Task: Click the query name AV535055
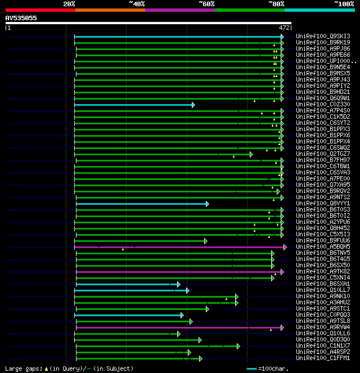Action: [x=21, y=18]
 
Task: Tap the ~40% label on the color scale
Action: [x=137, y=4]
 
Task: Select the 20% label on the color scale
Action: [x=69, y=4]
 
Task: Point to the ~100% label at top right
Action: [x=344, y=4]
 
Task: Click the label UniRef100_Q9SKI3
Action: [x=323, y=37]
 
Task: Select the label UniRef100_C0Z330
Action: [x=323, y=105]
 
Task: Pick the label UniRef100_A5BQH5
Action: [x=323, y=247]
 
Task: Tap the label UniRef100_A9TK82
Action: [x=323, y=272]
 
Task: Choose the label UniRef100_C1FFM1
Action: [x=323, y=358]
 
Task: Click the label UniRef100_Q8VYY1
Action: [x=323, y=204]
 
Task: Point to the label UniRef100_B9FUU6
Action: [x=323, y=241]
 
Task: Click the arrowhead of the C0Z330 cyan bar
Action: [x=193, y=105]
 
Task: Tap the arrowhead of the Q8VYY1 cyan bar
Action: [x=207, y=204]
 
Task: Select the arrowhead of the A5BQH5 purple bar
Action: [x=285, y=247]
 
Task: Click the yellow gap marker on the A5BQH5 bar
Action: [x=123, y=249]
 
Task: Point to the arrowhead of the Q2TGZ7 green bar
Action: [x=251, y=154]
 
